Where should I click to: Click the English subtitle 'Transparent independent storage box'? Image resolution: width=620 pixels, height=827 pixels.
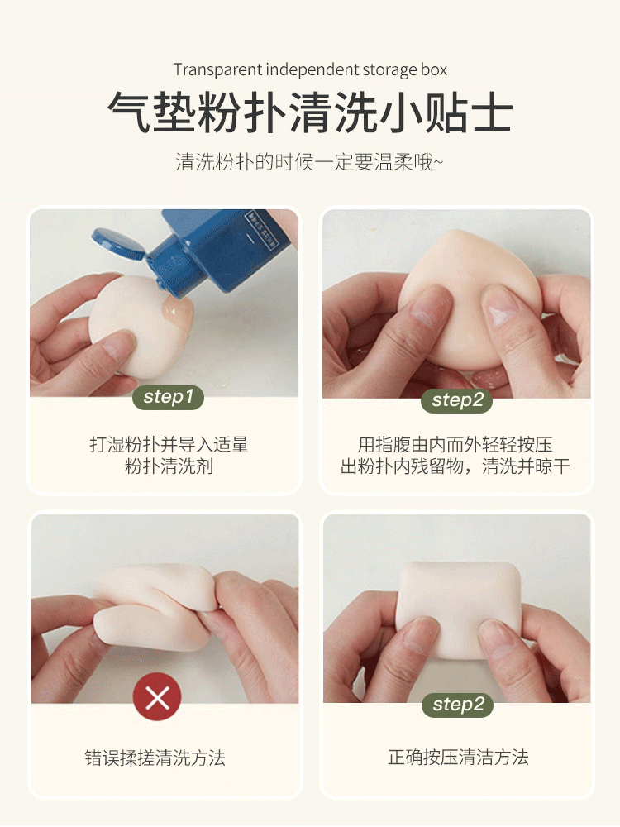pyautogui.click(x=310, y=69)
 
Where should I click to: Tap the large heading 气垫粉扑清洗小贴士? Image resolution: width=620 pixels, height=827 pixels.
pyautogui.click(x=310, y=112)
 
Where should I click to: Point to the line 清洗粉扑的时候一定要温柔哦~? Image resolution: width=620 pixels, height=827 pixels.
pyautogui.click(x=309, y=162)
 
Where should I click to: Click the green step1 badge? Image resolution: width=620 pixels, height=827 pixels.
pyautogui.click(x=168, y=397)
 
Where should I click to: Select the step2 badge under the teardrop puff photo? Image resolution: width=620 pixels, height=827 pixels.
pyautogui.click(x=457, y=400)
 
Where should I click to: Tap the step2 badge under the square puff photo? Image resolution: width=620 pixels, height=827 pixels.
pyautogui.click(x=458, y=705)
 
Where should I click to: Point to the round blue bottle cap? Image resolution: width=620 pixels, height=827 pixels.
pyautogui.click(x=118, y=244)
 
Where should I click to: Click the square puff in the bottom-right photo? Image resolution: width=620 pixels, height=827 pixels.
pyautogui.click(x=458, y=612)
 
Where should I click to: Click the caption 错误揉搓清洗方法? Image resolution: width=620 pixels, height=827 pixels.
pyautogui.click(x=155, y=758)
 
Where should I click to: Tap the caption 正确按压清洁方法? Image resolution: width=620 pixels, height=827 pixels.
pyautogui.click(x=458, y=758)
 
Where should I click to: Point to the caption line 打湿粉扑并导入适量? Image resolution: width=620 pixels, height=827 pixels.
pyautogui.click(x=169, y=445)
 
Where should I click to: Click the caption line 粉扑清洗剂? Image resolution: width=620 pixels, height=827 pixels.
pyautogui.click(x=169, y=466)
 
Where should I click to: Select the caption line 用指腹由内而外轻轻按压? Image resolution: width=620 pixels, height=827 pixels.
pyautogui.click(x=455, y=445)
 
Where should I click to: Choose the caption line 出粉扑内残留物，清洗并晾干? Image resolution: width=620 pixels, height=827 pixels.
pyautogui.click(x=455, y=466)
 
